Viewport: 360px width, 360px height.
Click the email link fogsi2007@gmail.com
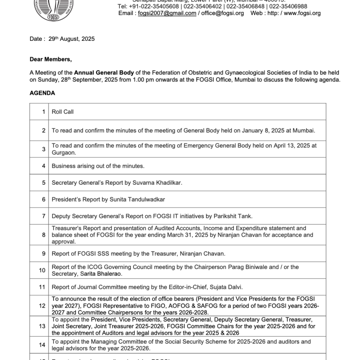(x=167, y=13)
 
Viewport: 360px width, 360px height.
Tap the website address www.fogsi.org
(x=302, y=13)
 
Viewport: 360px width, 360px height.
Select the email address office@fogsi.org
(x=223, y=13)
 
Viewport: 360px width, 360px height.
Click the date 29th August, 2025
(x=72, y=39)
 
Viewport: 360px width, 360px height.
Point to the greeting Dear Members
(x=51, y=60)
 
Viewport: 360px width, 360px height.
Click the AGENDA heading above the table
(x=42, y=93)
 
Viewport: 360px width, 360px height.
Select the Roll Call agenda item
(x=62, y=112)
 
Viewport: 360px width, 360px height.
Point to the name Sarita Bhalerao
(x=101, y=273)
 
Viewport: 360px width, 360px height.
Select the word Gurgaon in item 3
(x=64, y=152)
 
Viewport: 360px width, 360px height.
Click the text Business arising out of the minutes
(x=98, y=166)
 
